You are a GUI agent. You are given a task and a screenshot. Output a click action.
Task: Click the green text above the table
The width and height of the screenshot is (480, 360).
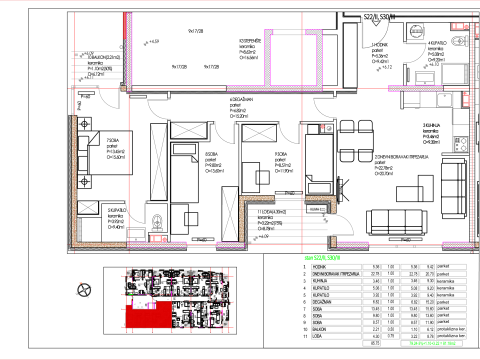pos(322,258)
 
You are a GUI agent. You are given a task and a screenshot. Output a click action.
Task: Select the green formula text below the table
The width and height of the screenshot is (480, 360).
pos(431,343)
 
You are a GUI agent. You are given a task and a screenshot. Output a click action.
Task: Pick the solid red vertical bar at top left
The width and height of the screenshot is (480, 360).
pos(124,25)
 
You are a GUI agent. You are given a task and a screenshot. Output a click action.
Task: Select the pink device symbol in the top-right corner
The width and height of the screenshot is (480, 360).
pos(459,26)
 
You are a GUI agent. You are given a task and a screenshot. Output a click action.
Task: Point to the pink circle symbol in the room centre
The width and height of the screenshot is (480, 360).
pos(323,126)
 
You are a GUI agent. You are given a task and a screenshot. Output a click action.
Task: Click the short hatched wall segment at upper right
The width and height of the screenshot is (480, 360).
pos(415,88)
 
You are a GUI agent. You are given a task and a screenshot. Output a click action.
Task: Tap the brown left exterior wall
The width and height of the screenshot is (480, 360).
pos(74,180)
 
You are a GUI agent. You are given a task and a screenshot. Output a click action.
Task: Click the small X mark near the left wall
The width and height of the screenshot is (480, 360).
pos(88,207)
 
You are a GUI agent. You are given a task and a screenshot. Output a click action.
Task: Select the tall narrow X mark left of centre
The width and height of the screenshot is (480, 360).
pos(159,162)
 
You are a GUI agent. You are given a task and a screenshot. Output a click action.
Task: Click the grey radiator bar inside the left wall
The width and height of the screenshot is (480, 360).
pos(80,229)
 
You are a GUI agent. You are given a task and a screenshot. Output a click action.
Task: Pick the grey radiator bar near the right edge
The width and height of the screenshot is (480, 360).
pos(466,74)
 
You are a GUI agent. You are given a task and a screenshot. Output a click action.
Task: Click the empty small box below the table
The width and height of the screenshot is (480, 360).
pos(371,343)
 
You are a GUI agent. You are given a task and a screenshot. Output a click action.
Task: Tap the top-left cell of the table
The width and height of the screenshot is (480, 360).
pos(336,267)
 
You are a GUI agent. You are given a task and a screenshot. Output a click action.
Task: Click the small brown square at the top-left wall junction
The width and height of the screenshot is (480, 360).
pos(123,88)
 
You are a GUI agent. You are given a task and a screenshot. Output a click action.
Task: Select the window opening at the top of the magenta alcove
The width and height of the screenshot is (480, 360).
pos(289,32)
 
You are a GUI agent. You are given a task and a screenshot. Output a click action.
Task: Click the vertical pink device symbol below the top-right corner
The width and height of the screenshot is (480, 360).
pos(465,100)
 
